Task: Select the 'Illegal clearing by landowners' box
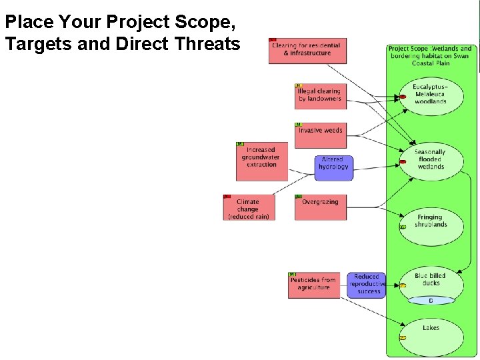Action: (320, 96)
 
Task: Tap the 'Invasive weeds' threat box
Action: (320, 132)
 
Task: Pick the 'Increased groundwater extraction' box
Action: (261, 161)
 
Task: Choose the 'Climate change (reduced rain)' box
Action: (249, 208)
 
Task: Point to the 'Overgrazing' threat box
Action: (320, 207)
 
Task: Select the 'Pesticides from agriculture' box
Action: (313, 285)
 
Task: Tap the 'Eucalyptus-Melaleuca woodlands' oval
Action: (431, 95)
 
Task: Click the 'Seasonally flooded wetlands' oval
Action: (431, 160)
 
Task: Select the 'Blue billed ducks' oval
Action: (431, 280)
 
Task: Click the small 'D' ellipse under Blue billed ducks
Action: (431, 301)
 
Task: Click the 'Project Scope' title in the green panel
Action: (431, 53)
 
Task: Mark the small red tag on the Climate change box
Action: (227, 197)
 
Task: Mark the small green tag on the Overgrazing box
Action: (299, 197)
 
